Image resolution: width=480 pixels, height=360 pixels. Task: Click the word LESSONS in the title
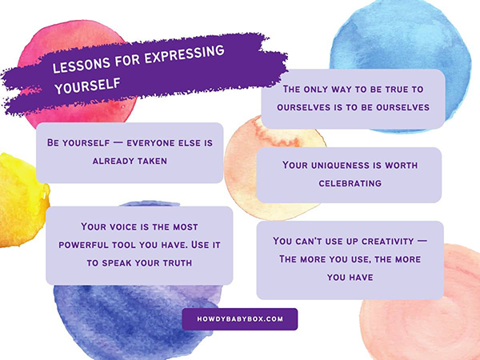pos(81,65)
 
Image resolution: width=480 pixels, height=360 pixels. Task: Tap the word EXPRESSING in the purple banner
pos(184,54)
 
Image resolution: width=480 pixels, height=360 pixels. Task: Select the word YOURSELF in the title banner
pos(87,86)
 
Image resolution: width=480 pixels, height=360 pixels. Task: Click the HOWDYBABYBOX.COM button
pos(240,319)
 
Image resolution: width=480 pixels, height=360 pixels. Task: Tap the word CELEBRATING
pos(350,183)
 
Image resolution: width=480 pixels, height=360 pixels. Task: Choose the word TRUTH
pos(178,263)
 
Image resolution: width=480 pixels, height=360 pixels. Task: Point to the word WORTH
pos(401,166)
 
